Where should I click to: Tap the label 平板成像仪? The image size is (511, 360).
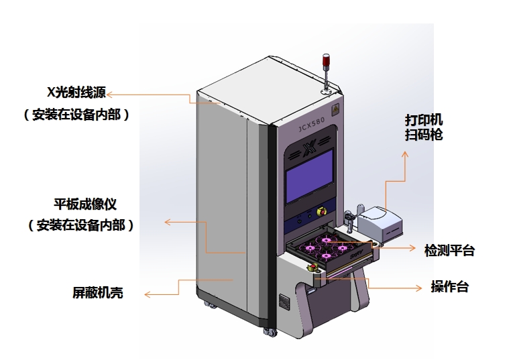pos(85,203)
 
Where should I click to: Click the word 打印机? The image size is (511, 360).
pos(424,120)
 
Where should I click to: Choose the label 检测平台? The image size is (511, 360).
pos(449,250)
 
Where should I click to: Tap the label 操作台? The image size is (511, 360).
pos(449,287)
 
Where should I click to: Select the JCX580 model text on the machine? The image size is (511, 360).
pos(311,125)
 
